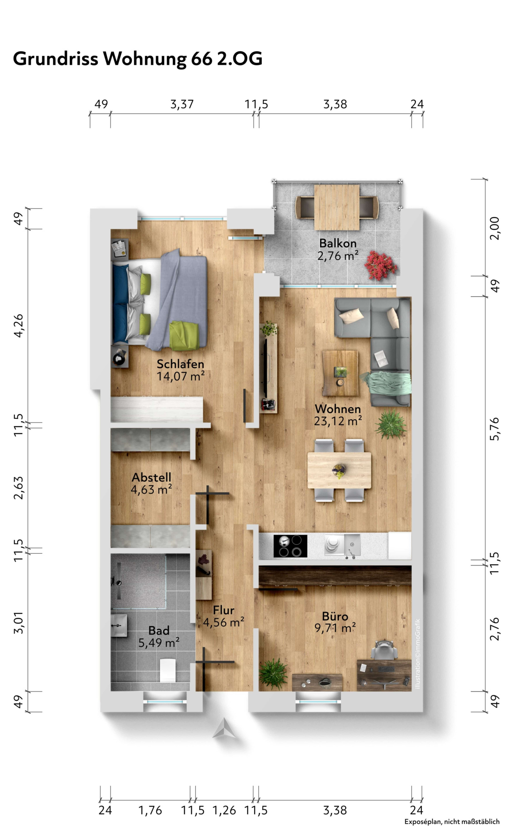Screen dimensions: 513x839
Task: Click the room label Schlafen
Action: click(180, 364)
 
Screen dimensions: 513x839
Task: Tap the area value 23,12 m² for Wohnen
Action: click(338, 421)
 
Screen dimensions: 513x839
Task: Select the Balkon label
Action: click(338, 243)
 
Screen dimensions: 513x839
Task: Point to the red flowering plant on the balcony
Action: click(380, 265)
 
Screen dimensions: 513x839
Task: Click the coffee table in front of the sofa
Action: click(340, 372)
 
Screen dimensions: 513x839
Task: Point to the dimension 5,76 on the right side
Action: click(495, 429)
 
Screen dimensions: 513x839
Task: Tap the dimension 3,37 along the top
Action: click(182, 104)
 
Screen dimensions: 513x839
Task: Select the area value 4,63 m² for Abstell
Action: click(151, 490)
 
